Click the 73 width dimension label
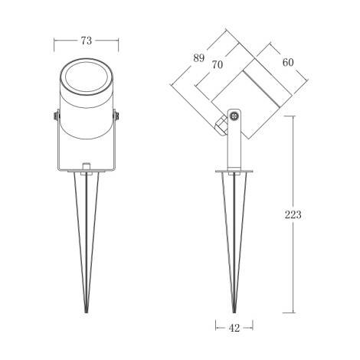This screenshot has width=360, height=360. (87, 40)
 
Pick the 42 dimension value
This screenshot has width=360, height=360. (234, 328)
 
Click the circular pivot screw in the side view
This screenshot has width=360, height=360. (234, 116)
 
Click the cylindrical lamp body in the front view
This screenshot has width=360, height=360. (86, 123)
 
